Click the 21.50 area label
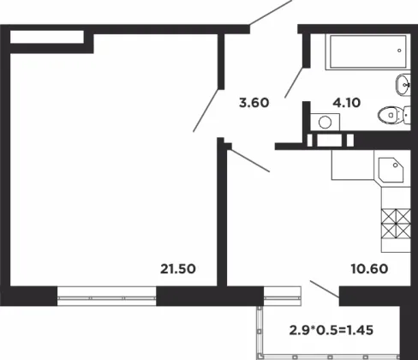[x=178, y=269]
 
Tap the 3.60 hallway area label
[x=254, y=103]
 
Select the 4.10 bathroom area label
[x=347, y=102]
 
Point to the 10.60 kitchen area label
[x=369, y=268]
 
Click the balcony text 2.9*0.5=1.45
[x=331, y=330]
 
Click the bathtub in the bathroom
[x=367, y=52]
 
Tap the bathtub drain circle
[x=399, y=51]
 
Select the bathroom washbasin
[x=403, y=85]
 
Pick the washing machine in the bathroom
[x=325, y=122]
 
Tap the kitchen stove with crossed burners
[x=396, y=224]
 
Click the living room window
[x=107, y=296]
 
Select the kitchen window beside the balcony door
[x=283, y=296]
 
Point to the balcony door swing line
[x=325, y=289]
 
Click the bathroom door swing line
[x=294, y=82]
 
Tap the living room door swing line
[x=206, y=111]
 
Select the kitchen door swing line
[x=249, y=160]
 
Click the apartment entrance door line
[x=271, y=12]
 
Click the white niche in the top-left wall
[x=47, y=37]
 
